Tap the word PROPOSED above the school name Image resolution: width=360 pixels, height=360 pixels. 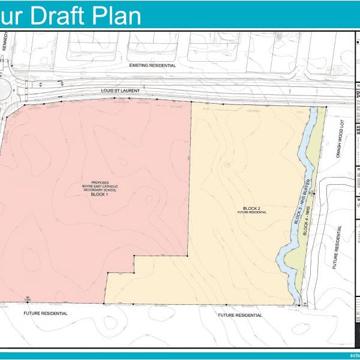tap(99, 182)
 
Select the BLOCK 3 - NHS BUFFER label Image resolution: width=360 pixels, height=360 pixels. tap(298, 198)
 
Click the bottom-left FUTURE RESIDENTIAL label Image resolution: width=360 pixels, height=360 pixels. tap(46, 313)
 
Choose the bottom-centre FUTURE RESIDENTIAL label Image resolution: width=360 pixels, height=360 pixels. tap(239, 315)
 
